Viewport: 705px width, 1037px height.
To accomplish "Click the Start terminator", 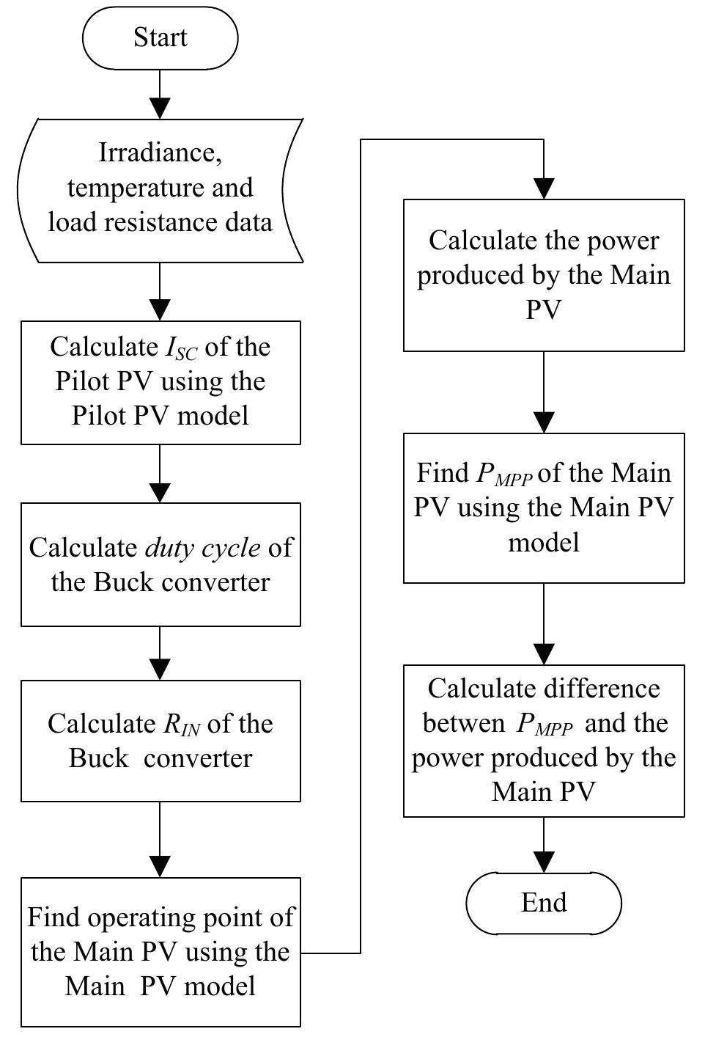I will click(x=160, y=37).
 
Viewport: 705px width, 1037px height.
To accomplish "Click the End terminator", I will click(x=544, y=902).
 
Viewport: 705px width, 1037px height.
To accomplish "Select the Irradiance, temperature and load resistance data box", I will click(x=160, y=190).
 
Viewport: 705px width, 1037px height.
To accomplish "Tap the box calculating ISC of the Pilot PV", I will click(x=160, y=382).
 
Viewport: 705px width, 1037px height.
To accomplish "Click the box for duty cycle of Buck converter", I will click(x=160, y=565).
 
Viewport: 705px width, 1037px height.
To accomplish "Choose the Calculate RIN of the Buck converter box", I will click(x=160, y=741).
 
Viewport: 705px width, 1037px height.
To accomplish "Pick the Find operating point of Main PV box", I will click(x=160, y=952).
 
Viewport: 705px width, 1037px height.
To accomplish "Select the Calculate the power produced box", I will click(x=544, y=275).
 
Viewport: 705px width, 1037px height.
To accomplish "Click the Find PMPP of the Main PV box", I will click(x=544, y=508).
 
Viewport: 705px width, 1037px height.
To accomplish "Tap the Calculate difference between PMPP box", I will click(x=544, y=741).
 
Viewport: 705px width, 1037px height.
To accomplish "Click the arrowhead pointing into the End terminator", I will click(x=544, y=861).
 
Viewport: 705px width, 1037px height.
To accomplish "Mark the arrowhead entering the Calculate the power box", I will click(x=544, y=188).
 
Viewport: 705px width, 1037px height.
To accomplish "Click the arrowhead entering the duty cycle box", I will click(x=160, y=492).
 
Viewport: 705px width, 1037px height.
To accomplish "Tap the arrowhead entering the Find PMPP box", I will click(x=544, y=422).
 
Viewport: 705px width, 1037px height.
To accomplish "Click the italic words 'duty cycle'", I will click(x=202, y=548).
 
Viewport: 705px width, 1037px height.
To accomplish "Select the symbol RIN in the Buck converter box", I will click(x=181, y=725).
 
